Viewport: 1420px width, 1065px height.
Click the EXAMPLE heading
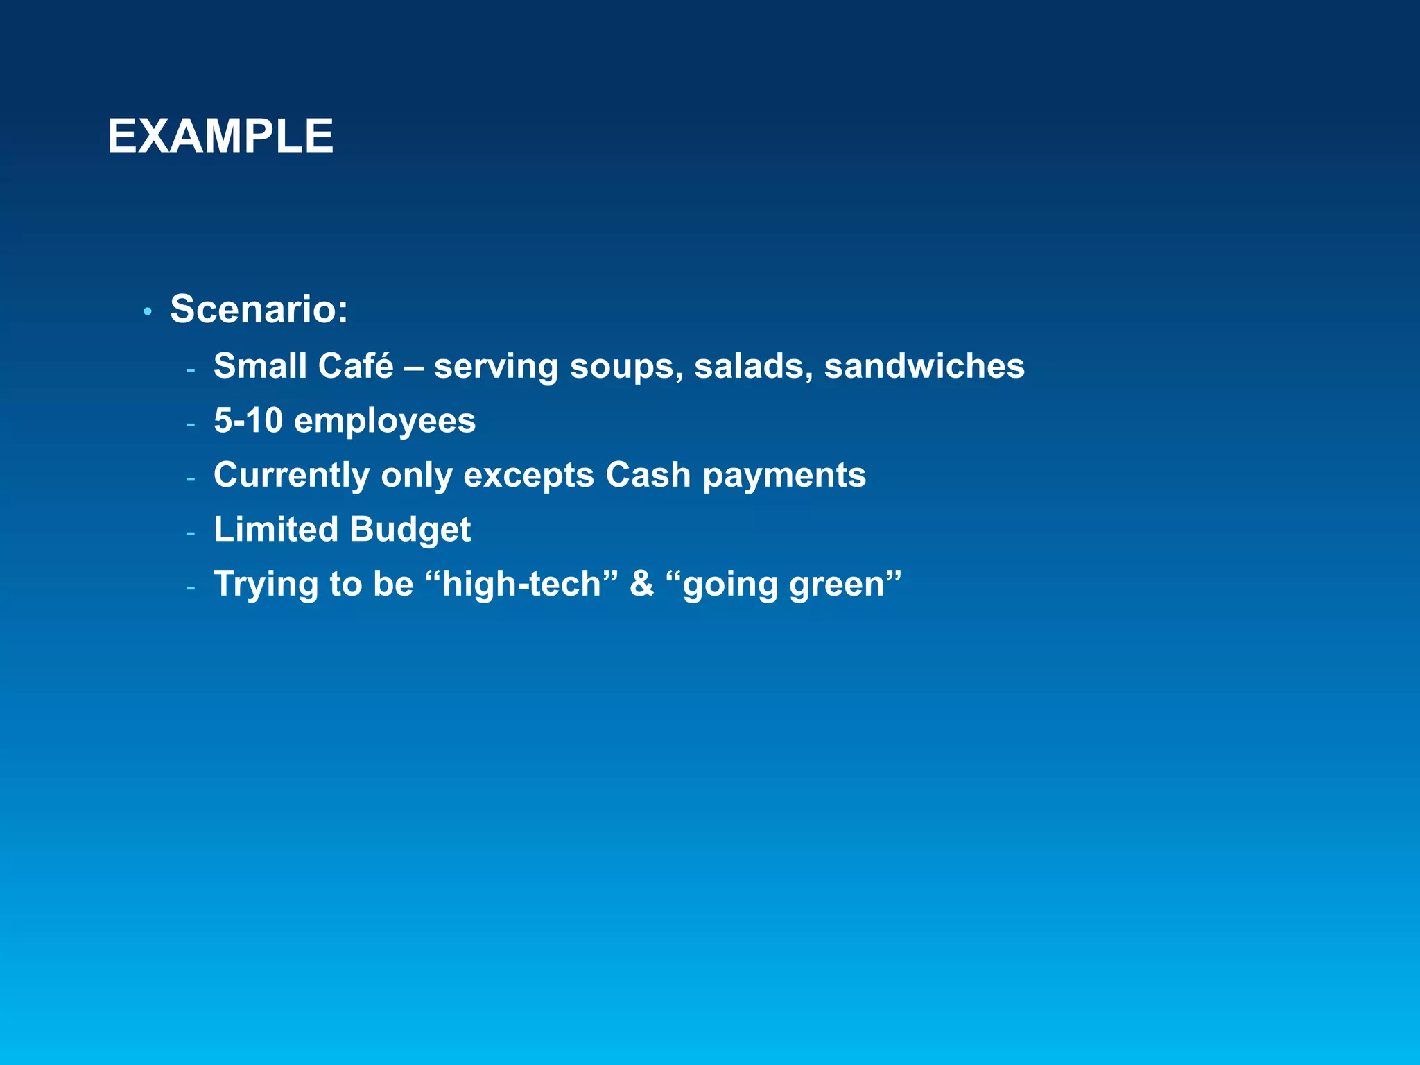220,136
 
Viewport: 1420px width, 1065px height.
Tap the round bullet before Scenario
147,312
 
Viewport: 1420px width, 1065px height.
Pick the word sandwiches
924,365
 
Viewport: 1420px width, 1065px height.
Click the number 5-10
248,420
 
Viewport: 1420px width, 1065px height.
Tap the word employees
385,422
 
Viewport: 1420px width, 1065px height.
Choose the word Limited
275,529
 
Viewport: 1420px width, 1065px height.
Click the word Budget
410,530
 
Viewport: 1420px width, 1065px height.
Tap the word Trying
266,585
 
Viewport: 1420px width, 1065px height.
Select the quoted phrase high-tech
521,584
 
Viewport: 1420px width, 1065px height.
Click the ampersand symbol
641,584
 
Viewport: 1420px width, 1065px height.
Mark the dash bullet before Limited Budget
191,533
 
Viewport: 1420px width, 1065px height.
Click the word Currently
291,476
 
